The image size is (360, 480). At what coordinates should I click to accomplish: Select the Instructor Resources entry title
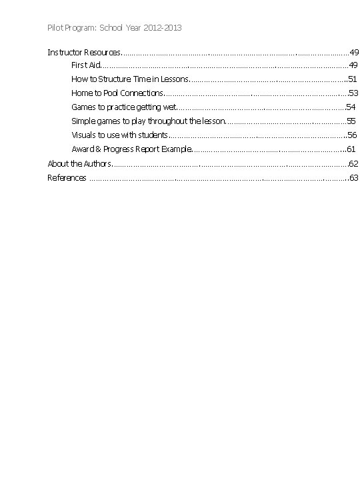point(83,52)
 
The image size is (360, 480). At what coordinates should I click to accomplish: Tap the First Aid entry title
point(85,65)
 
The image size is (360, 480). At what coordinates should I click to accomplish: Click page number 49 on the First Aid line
point(353,65)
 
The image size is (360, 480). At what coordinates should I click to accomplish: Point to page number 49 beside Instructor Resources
point(354,52)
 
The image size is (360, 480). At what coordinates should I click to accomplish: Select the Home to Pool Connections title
point(117,93)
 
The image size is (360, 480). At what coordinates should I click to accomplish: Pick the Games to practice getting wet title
point(124,107)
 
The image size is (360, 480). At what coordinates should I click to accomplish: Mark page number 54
point(351,107)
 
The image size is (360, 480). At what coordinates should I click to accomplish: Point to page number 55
point(351,121)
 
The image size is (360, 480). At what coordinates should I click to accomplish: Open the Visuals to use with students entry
point(119,135)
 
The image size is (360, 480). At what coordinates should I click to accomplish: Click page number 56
point(352,135)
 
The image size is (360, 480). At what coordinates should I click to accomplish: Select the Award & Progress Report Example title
point(131,149)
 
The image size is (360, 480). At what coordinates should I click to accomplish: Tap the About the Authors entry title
point(78,163)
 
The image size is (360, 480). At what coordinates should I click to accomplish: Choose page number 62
point(354,163)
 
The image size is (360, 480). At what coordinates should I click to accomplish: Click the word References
point(67,177)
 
